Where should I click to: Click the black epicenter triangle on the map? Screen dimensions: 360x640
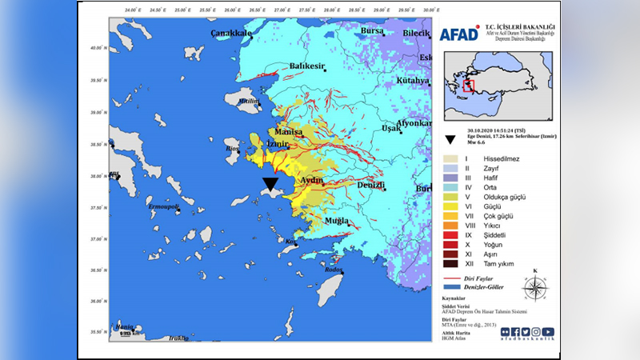(x=270, y=185)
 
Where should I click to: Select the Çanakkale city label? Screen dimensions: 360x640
(x=231, y=34)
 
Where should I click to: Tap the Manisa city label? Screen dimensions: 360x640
(x=288, y=131)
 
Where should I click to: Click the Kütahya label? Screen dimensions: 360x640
(x=413, y=82)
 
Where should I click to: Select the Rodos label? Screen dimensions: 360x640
(x=333, y=269)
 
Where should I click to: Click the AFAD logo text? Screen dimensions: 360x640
(x=458, y=34)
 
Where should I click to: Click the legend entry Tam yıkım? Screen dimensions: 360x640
(x=499, y=263)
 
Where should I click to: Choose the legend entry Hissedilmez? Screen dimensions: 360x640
(x=502, y=159)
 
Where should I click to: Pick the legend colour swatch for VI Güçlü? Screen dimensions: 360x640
(x=450, y=206)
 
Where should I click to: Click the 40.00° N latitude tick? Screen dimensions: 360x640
(x=97, y=49)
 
